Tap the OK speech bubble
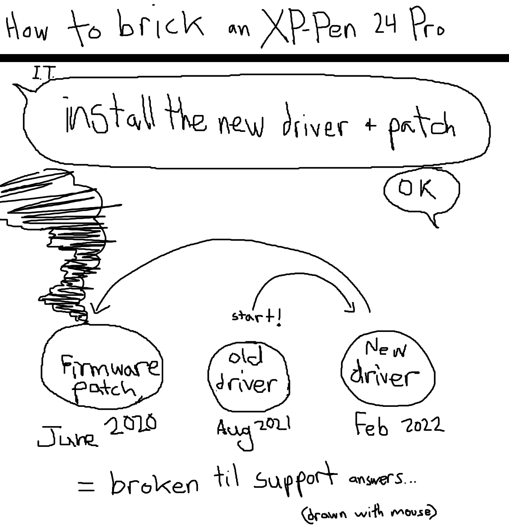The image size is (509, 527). (421, 190)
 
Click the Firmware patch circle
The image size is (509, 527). (102, 368)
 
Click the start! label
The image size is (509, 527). (257, 317)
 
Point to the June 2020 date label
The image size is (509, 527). (96, 430)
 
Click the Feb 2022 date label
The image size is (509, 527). (399, 425)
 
